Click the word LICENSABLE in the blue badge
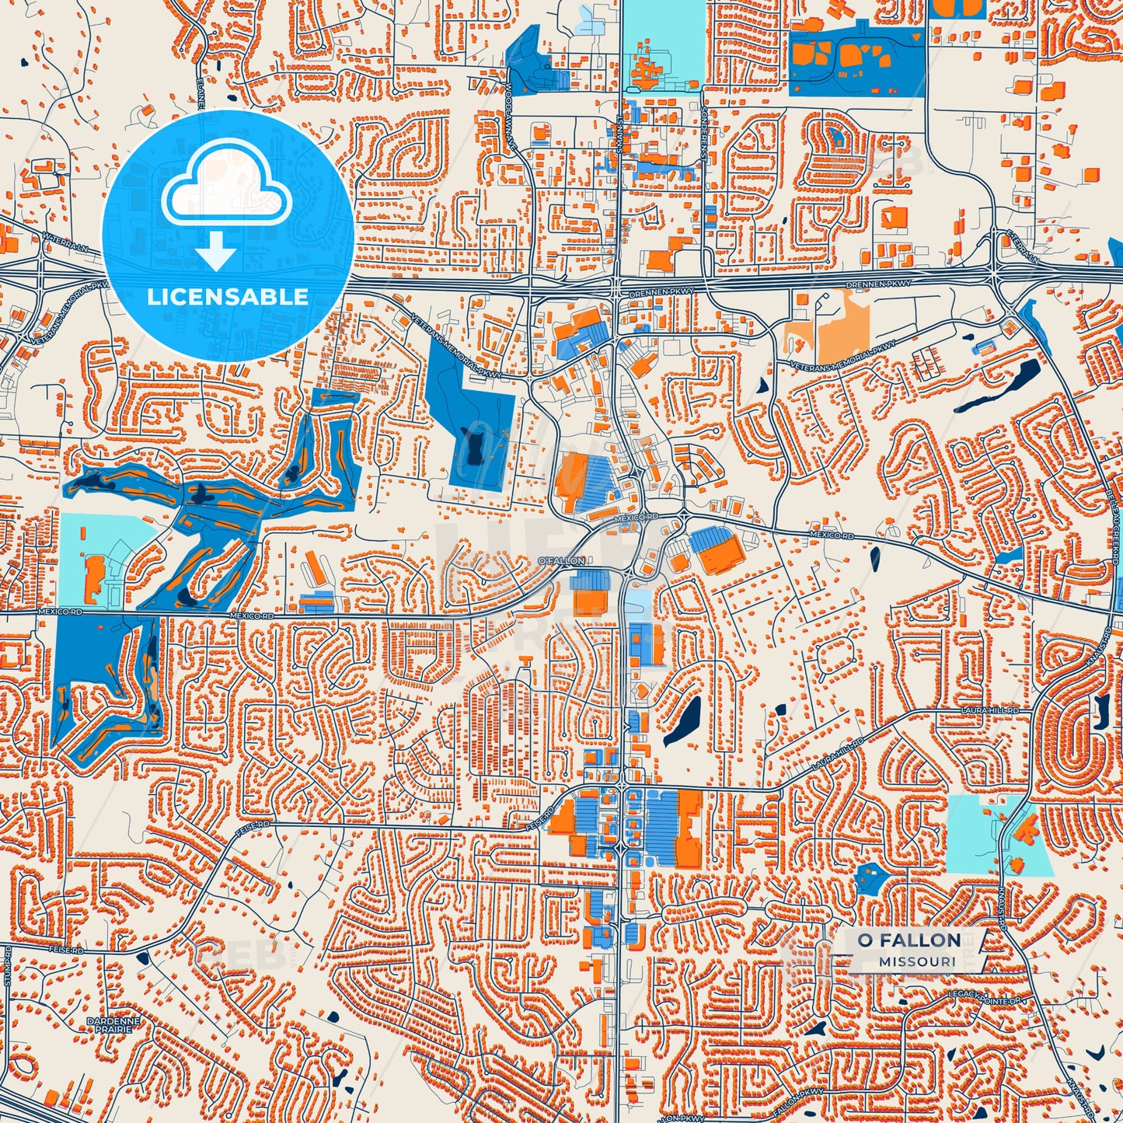(x=227, y=297)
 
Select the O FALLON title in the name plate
(x=909, y=940)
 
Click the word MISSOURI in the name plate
(x=917, y=962)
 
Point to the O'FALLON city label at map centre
(x=560, y=560)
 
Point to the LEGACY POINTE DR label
(x=983, y=997)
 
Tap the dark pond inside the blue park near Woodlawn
(x=472, y=447)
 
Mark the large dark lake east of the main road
(x=683, y=720)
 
